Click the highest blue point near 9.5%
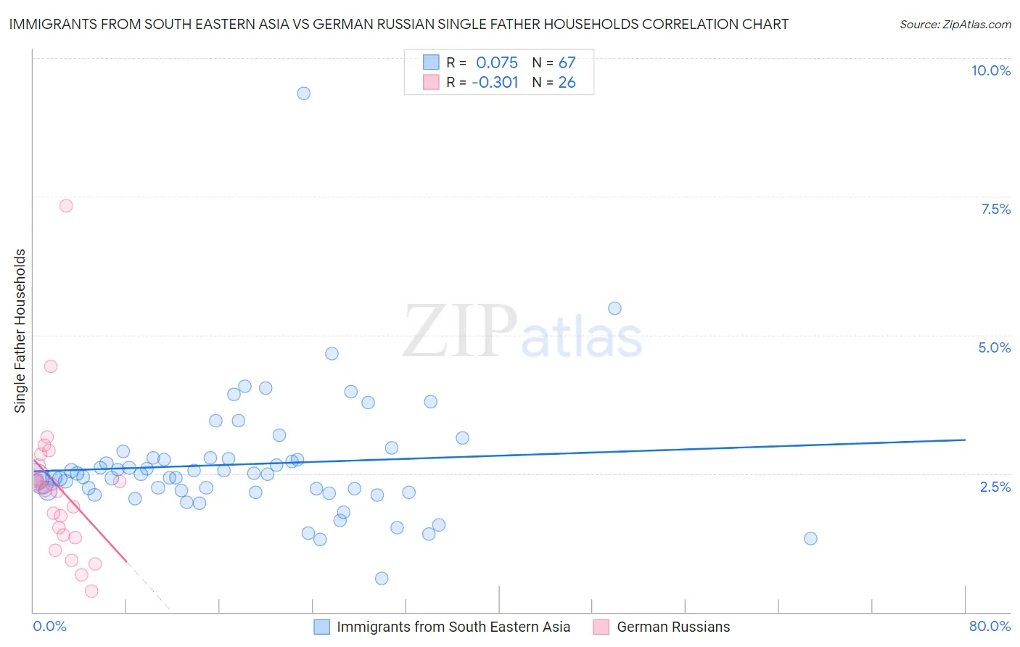304,94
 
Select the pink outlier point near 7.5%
66,206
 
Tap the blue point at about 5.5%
614,308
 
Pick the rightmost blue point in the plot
810,538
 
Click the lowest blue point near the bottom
382,578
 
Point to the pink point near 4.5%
51,366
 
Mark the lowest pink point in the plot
91,591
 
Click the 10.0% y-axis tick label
990,70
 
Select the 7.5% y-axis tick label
995,209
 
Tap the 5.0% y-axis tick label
994,347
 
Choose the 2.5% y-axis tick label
995,487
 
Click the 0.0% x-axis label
49,626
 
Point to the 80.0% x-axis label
990,626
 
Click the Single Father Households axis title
20,331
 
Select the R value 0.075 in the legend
497,62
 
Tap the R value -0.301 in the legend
495,83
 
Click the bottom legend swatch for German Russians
601,627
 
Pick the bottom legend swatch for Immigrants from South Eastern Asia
321,627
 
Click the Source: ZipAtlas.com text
955,24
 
